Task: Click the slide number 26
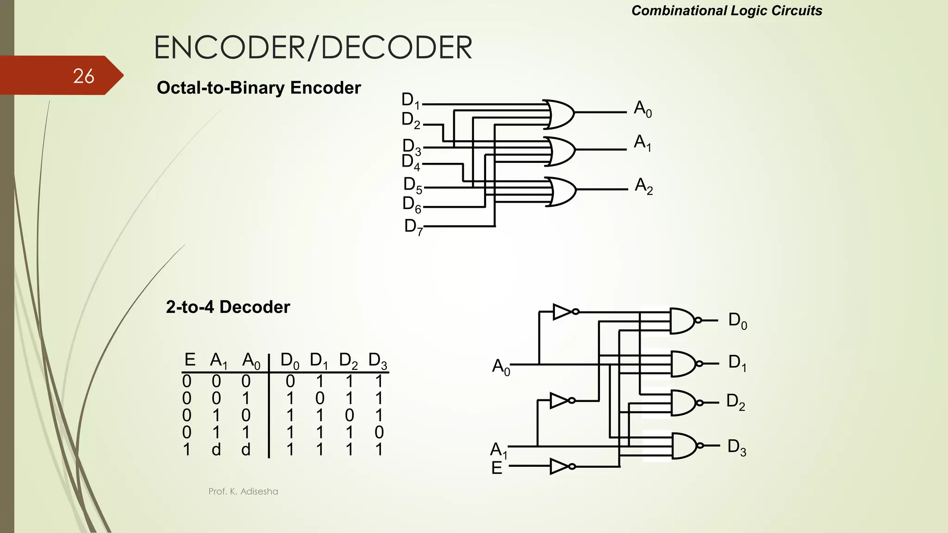(84, 76)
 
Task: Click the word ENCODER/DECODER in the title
(313, 48)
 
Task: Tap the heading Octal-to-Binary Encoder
(258, 88)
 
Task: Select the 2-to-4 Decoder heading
(228, 307)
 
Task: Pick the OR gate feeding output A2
(561, 191)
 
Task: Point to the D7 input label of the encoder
(413, 227)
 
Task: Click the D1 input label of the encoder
(410, 100)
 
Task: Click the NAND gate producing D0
(683, 321)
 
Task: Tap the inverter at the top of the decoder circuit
(563, 312)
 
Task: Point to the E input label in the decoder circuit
(497, 468)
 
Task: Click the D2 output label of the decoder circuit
(736, 402)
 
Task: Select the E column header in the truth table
(189, 359)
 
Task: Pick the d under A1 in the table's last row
(216, 449)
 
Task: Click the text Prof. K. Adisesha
(243, 491)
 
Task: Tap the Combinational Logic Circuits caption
(726, 11)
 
